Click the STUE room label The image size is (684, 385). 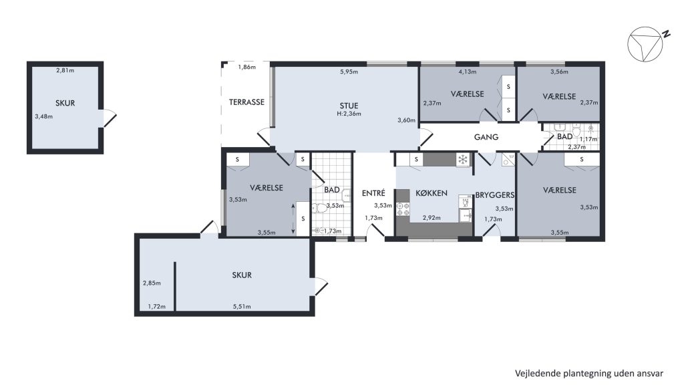click(x=349, y=106)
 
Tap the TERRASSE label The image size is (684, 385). click(x=247, y=102)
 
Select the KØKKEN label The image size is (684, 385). click(x=432, y=193)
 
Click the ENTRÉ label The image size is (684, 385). click(x=373, y=193)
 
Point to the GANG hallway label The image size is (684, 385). click(x=486, y=137)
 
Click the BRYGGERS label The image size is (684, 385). click(x=495, y=195)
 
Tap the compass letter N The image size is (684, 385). click(x=666, y=35)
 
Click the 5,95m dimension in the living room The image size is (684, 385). click(x=349, y=72)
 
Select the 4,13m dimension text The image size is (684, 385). click(x=467, y=72)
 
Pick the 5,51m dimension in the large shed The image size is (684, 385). click(x=242, y=306)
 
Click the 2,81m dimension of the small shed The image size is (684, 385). click(x=65, y=70)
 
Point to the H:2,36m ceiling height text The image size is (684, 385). click(x=349, y=114)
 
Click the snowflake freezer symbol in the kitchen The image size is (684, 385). click(x=462, y=160)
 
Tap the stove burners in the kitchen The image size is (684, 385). click(x=403, y=209)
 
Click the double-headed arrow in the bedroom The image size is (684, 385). click(x=293, y=219)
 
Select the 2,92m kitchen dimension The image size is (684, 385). click(x=432, y=218)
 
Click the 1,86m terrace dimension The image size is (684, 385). click(x=247, y=67)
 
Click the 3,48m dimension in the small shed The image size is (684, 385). click(x=44, y=116)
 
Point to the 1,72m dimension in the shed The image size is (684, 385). click(x=156, y=306)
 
